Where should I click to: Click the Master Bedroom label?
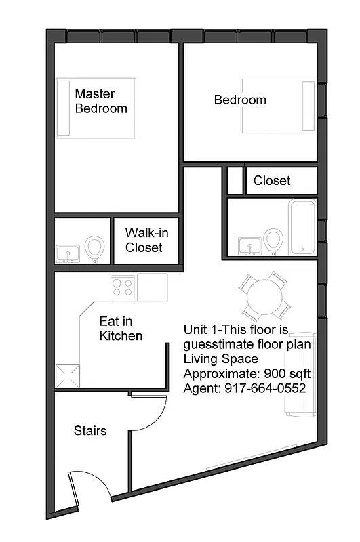pyautogui.click(x=100, y=101)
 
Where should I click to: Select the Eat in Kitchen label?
pyautogui.click(x=121, y=328)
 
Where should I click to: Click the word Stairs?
pyautogui.click(x=89, y=431)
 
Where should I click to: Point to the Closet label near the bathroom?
pyautogui.click(x=272, y=180)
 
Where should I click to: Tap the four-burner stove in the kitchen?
pyautogui.click(x=123, y=287)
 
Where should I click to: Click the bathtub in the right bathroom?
pyautogui.click(x=302, y=227)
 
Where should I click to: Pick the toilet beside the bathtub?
pyautogui.click(x=273, y=241)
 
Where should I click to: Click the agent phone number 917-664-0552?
pyautogui.click(x=266, y=388)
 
